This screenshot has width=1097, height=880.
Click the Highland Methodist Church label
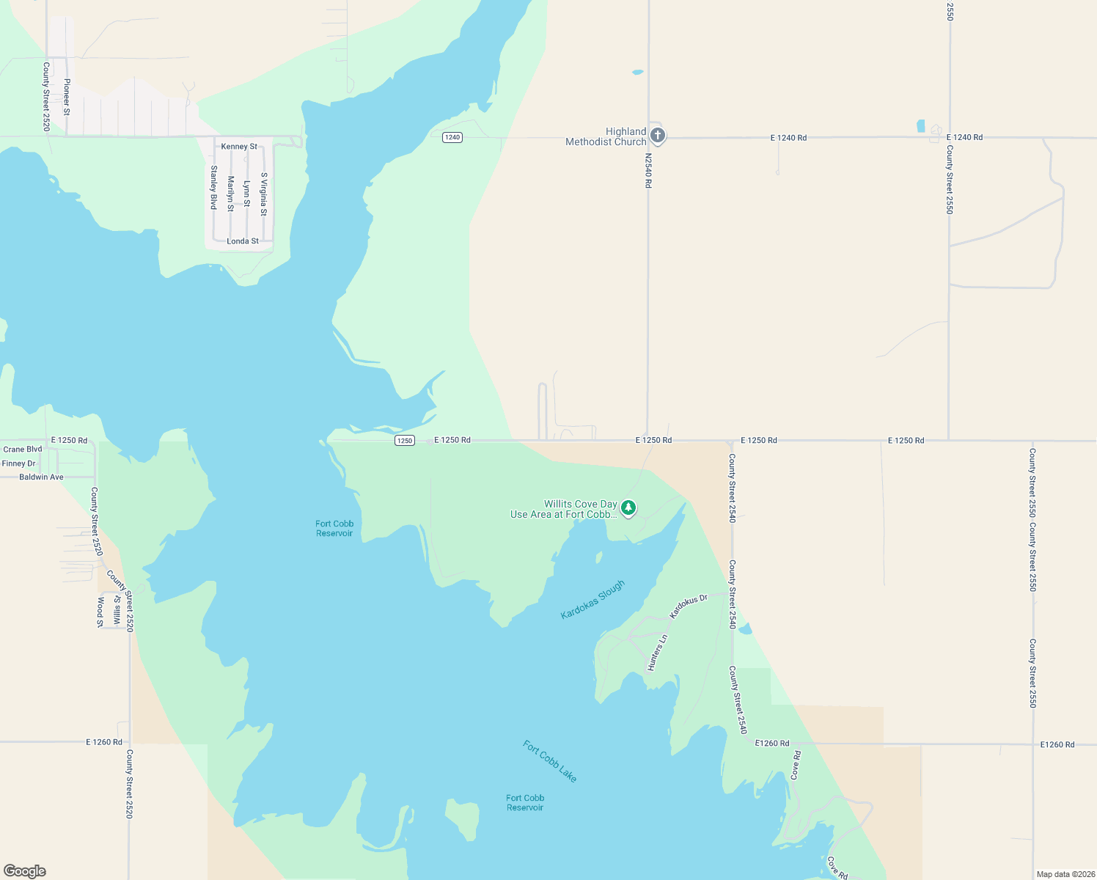click(606, 137)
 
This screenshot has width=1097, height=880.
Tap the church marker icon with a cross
click(658, 135)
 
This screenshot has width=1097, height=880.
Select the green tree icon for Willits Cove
click(628, 507)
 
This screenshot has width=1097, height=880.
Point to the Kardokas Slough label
click(592, 599)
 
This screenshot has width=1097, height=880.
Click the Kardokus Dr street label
click(689, 606)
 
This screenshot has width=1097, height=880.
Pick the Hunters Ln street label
click(657, 653)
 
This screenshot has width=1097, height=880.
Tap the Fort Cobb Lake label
click(550, 760)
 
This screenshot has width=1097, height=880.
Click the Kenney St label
click(239, 147)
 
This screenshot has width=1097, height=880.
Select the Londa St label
click(243, 241)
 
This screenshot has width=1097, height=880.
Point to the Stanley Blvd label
click(214, 188)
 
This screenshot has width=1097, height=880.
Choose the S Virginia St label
click(264, 194)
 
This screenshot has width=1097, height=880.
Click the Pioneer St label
click(67, 97)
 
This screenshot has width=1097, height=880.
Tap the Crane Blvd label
click(23, 450)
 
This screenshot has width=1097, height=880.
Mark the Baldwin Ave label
click(41, 477)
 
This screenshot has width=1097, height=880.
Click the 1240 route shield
click(452, 137)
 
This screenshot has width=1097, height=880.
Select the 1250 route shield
click(405, 441)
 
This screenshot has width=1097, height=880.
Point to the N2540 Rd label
click(648, 170)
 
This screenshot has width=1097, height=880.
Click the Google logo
click(25, 871)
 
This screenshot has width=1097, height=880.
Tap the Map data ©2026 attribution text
click(1063, 874)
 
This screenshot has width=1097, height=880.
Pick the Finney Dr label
click(19, 463)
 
